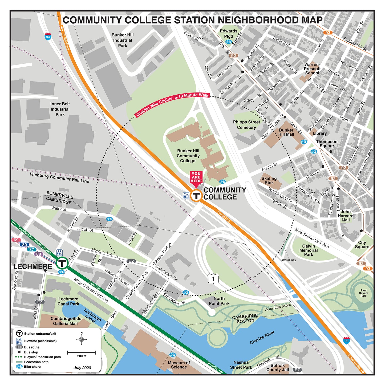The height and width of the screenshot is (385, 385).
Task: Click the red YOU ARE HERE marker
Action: [196, 178]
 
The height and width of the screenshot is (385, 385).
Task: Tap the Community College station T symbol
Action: [196, 196]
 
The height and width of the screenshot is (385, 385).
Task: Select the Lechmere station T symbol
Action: [62, 264]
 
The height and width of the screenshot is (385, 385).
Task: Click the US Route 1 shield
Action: [213, 279]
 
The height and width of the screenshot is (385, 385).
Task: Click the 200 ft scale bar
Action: [81, 353]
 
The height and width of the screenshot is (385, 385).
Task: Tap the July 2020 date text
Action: [82, 368]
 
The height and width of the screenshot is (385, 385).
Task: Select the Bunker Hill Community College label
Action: [188, 156]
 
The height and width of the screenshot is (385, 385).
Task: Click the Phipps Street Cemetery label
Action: [246, 125]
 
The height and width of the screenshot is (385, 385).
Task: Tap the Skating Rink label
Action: [269, 181]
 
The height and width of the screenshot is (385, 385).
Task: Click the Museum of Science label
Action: [179, 365]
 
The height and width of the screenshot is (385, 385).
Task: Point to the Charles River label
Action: [262, 338]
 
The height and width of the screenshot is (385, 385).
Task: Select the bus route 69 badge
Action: [16, 240]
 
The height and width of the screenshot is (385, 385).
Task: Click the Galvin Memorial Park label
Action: [309, 250]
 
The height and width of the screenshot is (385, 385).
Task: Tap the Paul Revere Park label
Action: [363, 293]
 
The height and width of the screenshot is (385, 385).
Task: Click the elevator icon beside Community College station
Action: [186, 196]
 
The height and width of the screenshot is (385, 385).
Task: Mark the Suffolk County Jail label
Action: [278, 367]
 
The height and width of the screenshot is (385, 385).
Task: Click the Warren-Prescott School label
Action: [312, 69]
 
